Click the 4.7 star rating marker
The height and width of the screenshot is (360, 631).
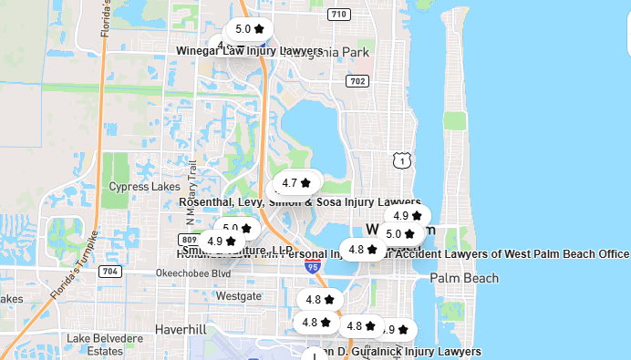[296, 182]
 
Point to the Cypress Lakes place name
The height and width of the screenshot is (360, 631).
[144, 187]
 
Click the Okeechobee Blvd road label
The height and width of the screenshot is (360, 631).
[193, 273]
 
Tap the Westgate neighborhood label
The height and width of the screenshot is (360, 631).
[238, 296]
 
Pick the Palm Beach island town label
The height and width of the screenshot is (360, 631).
[464, 278]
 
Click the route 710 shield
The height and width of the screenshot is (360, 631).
[339, 15]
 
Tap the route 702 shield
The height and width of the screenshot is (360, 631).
[357, 82]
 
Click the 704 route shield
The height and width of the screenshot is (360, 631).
[110, 271]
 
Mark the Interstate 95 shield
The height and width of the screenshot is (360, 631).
[313, 267]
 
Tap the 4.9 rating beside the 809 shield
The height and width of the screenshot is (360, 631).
[221, 242]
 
